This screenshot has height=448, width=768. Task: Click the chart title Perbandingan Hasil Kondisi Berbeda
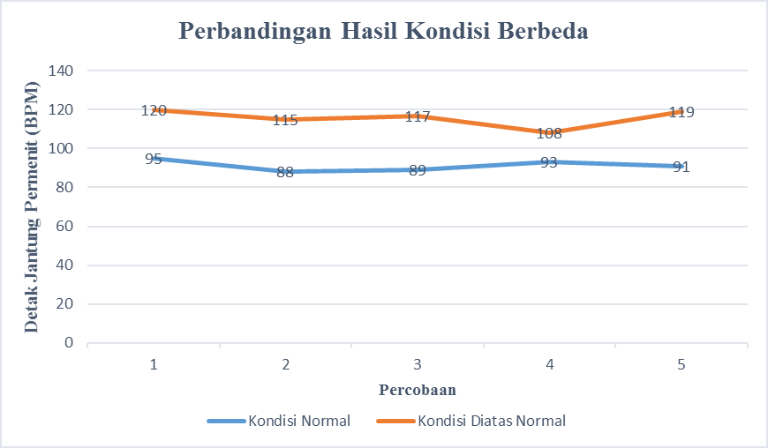[x=383, y=31]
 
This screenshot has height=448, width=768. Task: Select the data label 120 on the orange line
[x=154, y=110]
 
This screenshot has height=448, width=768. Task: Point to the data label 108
[x=549, y=134]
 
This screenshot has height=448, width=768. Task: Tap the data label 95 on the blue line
[x=154, y=159]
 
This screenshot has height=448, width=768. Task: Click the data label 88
[x=285, y=172]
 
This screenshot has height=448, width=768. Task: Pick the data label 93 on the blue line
[x=549, y=162]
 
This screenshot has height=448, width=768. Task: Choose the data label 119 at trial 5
[x=681, y=112]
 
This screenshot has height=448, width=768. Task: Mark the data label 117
[x=418, y=116]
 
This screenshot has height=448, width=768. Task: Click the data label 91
[x=681, y=167]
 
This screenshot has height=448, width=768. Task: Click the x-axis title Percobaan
[x=418, y=389]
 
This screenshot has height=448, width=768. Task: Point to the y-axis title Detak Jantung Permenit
[x=32, y=206]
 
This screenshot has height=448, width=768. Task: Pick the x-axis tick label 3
[x=418, y=364]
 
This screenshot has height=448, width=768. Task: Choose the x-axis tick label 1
[x=154, y=364]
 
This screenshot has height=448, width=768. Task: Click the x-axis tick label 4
[x=549, y=364]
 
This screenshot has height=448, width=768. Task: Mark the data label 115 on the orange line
[x=285, y=120]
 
